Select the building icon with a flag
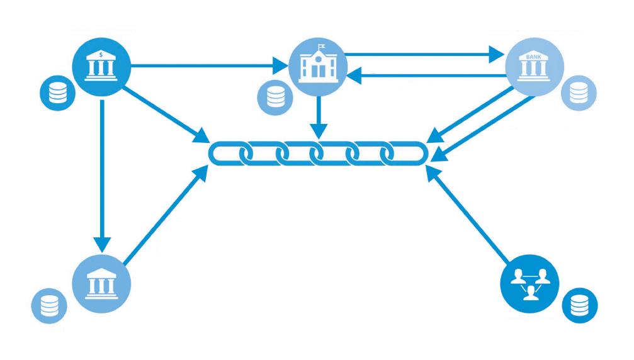317,65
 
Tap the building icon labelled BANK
535,65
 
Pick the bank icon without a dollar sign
101,280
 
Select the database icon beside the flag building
275,96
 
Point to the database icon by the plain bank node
49,307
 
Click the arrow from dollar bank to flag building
208,64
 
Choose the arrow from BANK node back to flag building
428,76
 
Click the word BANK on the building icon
535,55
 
